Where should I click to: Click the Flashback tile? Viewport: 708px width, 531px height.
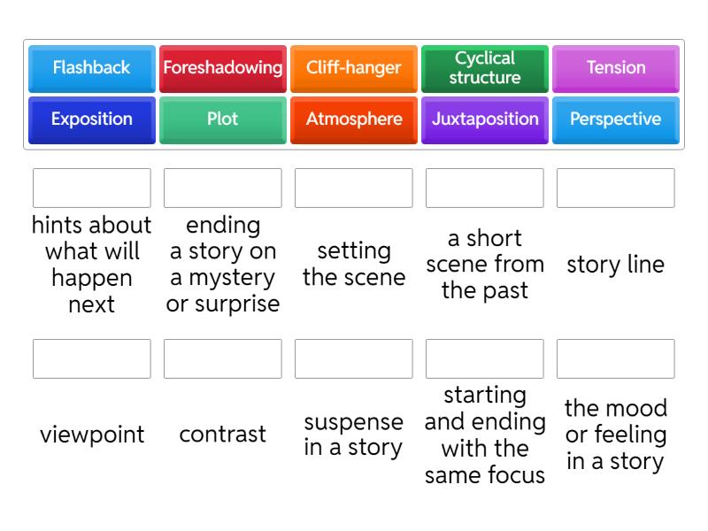click(91, 68)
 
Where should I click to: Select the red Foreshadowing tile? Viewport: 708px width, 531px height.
click(222, 68)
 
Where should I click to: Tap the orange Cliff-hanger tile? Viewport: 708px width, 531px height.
click(353, 68)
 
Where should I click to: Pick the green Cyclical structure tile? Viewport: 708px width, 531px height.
click(484, 68)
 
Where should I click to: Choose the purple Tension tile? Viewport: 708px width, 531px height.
click(615, 68)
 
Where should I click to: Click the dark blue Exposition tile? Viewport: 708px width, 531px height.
click(91, 119)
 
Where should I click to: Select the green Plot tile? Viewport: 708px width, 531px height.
click(222, 119)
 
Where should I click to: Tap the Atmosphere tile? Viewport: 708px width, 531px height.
click(353, 119)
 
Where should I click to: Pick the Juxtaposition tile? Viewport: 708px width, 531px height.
click(484, 119)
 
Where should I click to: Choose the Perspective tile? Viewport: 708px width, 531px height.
click(615, 119)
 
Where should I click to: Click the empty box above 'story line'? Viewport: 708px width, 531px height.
click(615, 188)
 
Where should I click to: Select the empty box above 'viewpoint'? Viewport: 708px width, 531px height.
click(91, 358)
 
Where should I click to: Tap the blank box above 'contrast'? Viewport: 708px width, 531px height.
click(222, 358)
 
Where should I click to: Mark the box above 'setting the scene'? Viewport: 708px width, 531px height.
click(353, 188)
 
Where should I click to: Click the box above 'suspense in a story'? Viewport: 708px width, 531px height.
click(353, 358)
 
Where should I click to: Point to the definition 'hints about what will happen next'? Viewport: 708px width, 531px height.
click(91, 265)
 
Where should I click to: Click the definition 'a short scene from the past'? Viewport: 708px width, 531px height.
click(484, 264)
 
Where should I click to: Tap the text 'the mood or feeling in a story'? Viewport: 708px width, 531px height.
click(615, 435)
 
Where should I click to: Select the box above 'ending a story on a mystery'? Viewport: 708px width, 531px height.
click(222, 188)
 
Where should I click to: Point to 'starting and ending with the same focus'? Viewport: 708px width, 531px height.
click(484, 435)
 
